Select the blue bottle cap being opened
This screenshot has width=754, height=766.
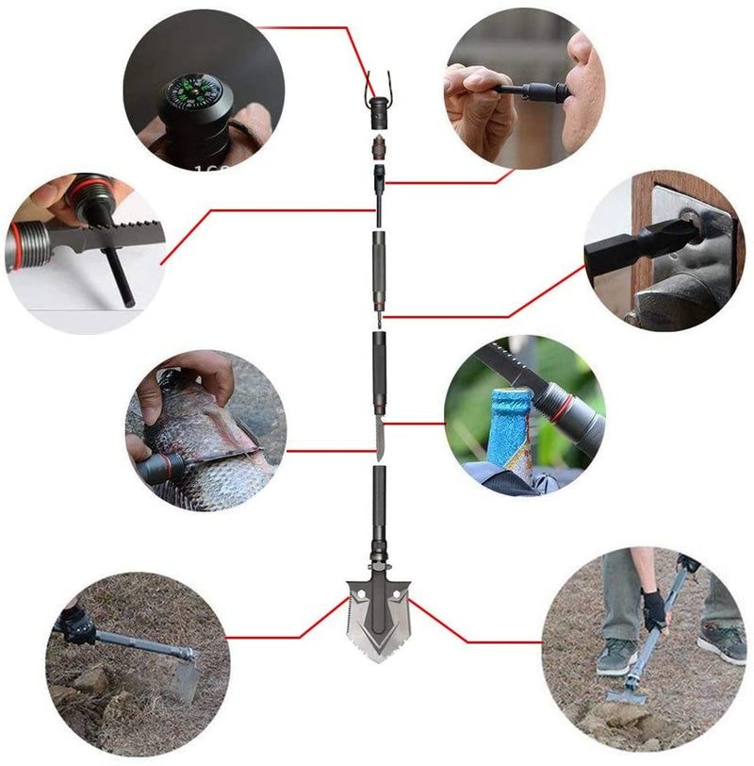click(508, 402)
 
